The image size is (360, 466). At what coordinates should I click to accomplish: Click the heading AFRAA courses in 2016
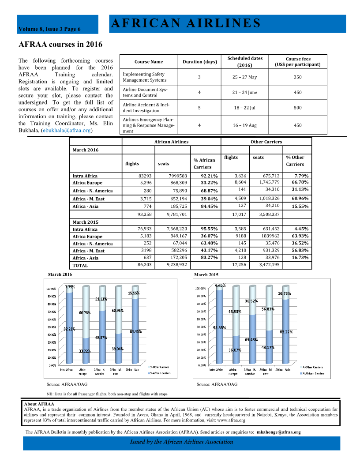[60, 45]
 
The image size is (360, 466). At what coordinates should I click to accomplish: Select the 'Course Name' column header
[149, 62]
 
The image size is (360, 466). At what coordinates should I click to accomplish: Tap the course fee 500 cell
[298, 107]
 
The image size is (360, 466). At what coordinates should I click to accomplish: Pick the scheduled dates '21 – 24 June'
[244, 92]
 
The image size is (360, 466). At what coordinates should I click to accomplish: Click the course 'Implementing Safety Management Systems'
[144, 77]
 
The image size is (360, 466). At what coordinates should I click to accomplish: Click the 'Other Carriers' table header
[266, 142]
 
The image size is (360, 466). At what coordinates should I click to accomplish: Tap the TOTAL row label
[80, 266]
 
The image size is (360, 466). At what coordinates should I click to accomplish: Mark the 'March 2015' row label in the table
[85, 222]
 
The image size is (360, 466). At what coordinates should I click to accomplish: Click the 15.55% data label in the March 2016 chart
[134, 293]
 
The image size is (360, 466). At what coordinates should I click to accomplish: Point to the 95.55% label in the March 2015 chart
[220, 328]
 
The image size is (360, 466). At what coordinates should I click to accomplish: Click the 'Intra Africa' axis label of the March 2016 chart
[66, 370]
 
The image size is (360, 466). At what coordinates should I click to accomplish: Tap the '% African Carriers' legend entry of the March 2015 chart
[314, 373]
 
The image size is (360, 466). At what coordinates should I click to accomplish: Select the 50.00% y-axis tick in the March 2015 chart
[201, 327]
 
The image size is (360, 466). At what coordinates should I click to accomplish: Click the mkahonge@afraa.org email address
[278, 432]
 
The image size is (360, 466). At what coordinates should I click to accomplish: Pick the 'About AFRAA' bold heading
[39, 404]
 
